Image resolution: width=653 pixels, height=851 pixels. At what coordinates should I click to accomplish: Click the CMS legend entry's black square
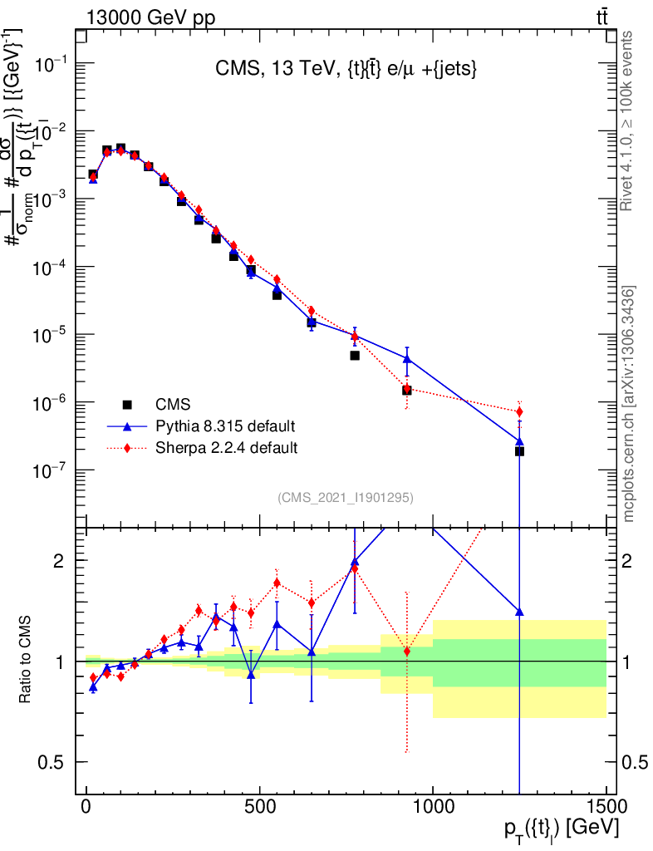(x=127, y=405)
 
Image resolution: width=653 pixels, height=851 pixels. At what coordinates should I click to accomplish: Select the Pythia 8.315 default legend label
(x=225, y=426)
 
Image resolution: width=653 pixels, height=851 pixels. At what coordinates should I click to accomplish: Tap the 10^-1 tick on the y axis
(x=77, y=64)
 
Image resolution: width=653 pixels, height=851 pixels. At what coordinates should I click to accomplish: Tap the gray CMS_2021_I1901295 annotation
(x=345, y=497)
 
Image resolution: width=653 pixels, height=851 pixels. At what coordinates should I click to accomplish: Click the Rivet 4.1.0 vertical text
(x=628, y=121)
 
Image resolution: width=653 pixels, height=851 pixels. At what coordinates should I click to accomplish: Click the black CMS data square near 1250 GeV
(x=519, y=451)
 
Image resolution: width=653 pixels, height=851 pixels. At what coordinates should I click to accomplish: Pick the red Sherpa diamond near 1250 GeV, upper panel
(x=519, y=411)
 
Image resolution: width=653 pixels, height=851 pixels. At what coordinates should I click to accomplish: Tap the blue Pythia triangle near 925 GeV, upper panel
(x=407, y=358)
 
